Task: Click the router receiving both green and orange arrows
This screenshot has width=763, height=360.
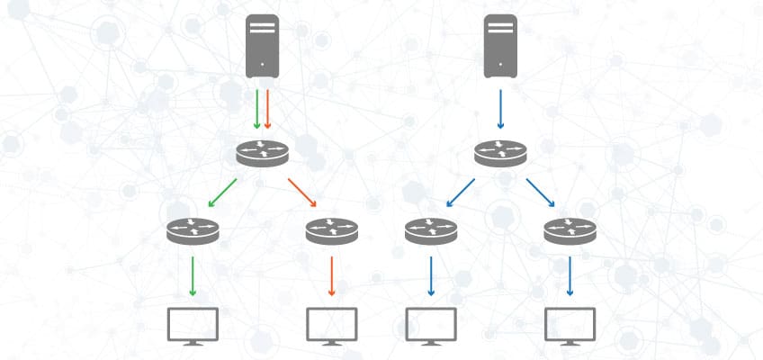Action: pyautogui.click(x=263, y=154)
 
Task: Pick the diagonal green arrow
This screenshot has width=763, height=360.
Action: pyautogui.click(x=221, y=193)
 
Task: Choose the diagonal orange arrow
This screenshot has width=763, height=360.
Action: pyautogui.click(x=304, y=193)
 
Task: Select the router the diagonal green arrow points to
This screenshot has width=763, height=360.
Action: pyautogui.click(x=193, y=231)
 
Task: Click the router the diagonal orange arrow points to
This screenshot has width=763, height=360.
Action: pyautogui.click(x=331, y=231)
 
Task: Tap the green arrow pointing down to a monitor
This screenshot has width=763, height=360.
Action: pyautogui.click(x=193, y=275)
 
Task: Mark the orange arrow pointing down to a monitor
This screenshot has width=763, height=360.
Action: pyautogui.click(x=332, y=275)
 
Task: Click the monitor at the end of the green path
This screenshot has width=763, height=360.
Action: pyautogui.click(x=193, y=326)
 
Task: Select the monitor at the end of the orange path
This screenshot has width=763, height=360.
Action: pyautogui.click(x=332, y=326)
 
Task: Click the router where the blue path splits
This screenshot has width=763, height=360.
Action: pyautogui.click(x=501, y=154)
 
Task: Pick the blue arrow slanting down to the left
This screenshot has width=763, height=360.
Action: pyautogui.click(x=461, y=193)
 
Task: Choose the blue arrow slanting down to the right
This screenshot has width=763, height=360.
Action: pyautogui.click(x=541, y=193)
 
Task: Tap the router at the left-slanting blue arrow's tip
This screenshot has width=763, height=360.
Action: pyautogui.click(x=431, y=231)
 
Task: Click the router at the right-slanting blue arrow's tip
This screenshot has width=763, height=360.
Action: pyautogui.click(x=570, y=231)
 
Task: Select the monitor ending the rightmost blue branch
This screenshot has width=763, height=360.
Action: pyautogui.click(x=570, y=326)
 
